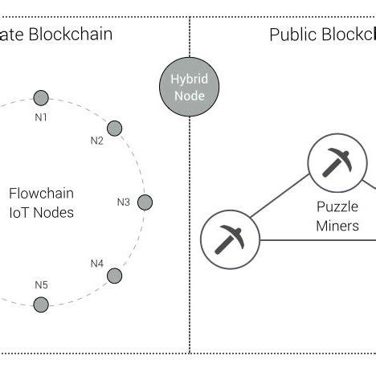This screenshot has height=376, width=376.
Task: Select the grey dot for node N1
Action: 40,98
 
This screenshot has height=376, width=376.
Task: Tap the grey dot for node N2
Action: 114,128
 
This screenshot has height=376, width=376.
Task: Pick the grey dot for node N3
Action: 145,202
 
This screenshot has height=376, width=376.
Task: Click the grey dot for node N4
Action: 115,276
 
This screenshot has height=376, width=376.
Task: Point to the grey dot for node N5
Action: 41,304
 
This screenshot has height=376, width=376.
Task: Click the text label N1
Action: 41,116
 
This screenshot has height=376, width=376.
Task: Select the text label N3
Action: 123,202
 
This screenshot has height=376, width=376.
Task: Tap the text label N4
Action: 96,263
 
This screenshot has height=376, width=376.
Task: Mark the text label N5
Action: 41,284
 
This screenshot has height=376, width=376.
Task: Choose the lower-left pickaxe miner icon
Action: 228,239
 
